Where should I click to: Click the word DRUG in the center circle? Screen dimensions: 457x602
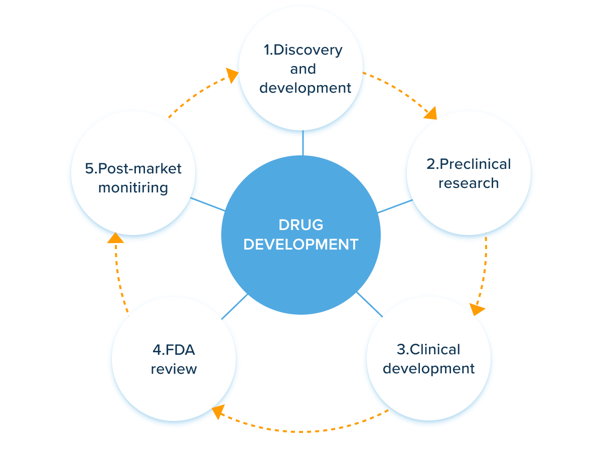(300, 224)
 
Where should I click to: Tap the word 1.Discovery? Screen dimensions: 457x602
(303, 50)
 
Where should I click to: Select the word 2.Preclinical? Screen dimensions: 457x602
(469, 164)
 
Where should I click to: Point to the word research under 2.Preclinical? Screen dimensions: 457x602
(469, 183)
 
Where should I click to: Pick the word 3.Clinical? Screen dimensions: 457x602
(428, 349)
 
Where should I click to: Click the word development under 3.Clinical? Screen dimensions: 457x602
(428, 369)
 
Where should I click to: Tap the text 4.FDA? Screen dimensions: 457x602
(174, 349)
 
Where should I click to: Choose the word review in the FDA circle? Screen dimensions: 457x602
(174, 369)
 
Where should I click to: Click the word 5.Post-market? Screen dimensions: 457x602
(133, 168)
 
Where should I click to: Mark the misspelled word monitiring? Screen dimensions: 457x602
(133, 187)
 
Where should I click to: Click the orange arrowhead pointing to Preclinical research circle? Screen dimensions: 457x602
(430, 114)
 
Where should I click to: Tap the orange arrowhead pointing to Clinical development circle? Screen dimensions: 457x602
(476, 309)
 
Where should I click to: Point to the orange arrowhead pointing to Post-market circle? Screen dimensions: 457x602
(115, 237)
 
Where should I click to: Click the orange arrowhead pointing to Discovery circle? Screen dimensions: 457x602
(232, 75)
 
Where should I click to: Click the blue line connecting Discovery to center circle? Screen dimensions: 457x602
(303, 143)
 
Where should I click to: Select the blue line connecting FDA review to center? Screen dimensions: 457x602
(234, 306)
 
